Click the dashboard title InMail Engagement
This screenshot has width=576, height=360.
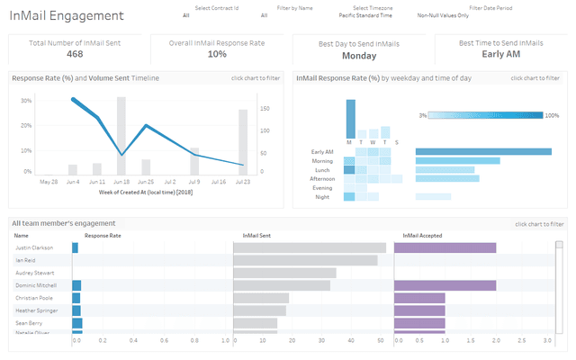tap(67, 16)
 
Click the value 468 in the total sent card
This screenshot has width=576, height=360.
tap(75, 54)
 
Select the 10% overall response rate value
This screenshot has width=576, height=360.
tap(217, 54)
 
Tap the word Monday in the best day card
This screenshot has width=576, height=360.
tap(359, 55)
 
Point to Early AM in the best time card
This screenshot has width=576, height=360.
tap(500, 54)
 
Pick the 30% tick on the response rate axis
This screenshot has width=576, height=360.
tap(27, 101)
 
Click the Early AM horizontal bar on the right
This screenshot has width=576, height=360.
tap(483, 151)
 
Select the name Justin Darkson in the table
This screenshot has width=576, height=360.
tap(34, 247)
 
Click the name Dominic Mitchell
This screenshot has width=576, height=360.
tap(37, 285)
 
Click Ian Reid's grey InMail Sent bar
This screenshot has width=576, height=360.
tap(305, 260)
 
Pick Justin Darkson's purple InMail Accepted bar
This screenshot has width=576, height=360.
tap(445, 247)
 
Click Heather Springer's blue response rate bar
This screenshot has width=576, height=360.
tap(77, 310)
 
